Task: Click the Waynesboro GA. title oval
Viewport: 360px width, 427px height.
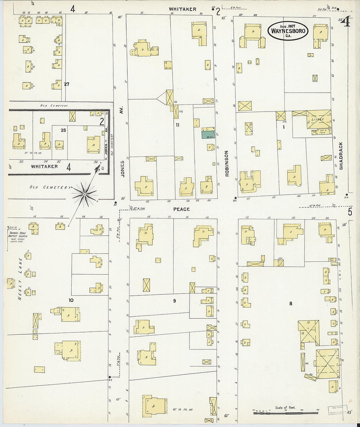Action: [x=288, y=31]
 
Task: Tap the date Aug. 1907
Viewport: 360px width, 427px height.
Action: [x=288, y=26]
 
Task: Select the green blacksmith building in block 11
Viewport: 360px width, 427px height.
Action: [x=208, y=134]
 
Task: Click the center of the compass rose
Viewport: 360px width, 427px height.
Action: [x=84, y=194]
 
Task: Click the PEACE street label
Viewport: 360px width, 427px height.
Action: [x=182, y=209]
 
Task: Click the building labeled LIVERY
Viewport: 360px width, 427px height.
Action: [x=317, y=119]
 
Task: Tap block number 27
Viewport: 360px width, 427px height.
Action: [x=66, y=84]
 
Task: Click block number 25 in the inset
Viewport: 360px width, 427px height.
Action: [x=63, y=130]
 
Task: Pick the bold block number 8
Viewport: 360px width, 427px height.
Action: [x=291, y=304]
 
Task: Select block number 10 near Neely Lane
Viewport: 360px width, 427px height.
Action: [x=71, y=300]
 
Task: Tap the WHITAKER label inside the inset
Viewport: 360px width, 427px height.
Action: [x=44, y=166]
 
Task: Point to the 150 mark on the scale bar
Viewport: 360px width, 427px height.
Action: [x=317, y=410]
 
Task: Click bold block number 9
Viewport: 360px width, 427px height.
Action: [x=174, y=301]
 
